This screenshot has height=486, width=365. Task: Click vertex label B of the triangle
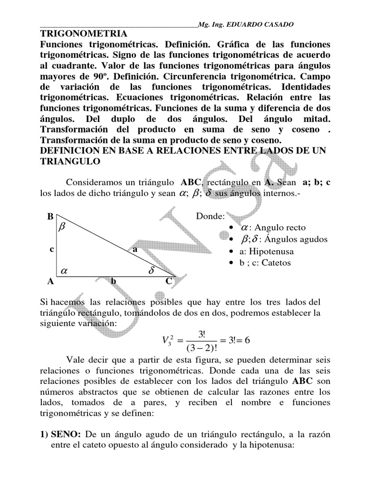point(50,216)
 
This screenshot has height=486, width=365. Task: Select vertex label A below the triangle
point(50,281)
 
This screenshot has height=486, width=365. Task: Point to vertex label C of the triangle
point(168,281)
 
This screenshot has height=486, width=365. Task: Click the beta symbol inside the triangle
point(61,227)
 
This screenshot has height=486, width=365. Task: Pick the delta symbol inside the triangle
point(152,271)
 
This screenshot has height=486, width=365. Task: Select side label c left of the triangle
point(51,249)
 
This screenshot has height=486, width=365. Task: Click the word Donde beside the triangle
point(211,217)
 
